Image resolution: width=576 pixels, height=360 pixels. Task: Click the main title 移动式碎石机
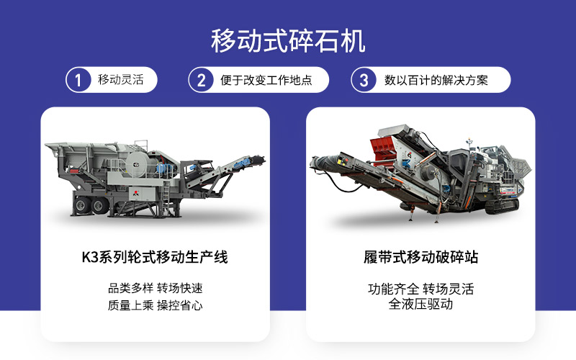(x=288, y=41)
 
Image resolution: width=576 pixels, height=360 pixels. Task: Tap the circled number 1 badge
(x=78, y=80)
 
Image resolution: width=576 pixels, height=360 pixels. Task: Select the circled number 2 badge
(x=201, y=80)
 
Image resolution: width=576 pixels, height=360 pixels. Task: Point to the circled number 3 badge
(x=364, y=80)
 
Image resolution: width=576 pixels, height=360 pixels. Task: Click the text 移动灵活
(x=120, y=79)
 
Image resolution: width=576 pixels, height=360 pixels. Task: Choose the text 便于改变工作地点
(x=266, y=80)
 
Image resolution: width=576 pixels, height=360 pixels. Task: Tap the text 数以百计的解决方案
(x=436, y=80)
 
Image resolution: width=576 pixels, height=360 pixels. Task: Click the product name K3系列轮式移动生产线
(x=155, y=257)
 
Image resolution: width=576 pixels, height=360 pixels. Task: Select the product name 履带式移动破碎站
(x=420, y=257)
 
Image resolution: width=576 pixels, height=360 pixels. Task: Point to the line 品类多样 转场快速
(x=155, y=288)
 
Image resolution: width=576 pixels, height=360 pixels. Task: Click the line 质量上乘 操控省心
(x=155, y=305)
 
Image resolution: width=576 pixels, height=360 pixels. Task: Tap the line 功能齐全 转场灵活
(x=420, y=289)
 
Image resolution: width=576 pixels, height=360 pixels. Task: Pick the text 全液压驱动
(x=420, y=304)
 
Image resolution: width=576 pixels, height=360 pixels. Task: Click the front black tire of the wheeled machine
(x=99, y=206)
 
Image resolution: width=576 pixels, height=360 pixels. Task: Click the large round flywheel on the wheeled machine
(x=138, y=164)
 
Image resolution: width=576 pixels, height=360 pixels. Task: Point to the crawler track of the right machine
(x=502, y=207)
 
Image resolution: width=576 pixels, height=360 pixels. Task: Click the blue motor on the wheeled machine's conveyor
(x=243, y=163)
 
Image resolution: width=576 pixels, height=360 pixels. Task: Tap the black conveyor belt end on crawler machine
(x=323, y=163)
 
